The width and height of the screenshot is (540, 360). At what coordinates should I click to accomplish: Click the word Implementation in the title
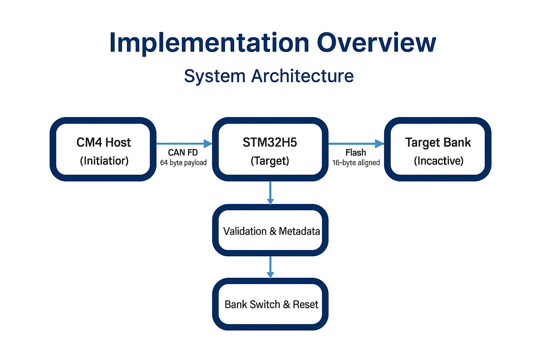click(209, 43)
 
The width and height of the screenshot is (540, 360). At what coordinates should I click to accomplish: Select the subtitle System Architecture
click(269, 76)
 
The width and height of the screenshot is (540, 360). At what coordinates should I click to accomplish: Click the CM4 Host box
click(103, 149)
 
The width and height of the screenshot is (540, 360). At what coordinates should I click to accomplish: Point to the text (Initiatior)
click(104, 161)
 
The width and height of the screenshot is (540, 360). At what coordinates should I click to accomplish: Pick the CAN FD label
click(183, 153)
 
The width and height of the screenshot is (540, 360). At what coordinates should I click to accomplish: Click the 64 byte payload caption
click(183, 163)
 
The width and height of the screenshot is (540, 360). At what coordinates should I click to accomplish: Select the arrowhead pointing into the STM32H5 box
click(208, 143)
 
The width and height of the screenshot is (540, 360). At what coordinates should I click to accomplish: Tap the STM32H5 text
click(270, 142)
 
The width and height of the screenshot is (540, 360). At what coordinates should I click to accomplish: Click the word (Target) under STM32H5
click(270, 161)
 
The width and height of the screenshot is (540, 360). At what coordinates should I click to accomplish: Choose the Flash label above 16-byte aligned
click(355, 153)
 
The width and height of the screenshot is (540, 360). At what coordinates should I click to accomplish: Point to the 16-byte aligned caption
click(356, 163)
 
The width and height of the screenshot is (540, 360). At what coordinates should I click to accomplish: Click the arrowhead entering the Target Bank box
click(380, 143)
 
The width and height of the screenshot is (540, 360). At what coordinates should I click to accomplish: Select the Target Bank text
click(438, 142)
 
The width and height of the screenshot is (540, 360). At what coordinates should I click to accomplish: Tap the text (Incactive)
click(438, 161)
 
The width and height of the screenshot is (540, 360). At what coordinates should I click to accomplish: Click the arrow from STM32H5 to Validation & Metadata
click(270, 193)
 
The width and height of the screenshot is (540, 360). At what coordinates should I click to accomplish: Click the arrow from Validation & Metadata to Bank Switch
click(270, 267)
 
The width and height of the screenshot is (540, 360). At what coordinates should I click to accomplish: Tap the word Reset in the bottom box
click(305, 304)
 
